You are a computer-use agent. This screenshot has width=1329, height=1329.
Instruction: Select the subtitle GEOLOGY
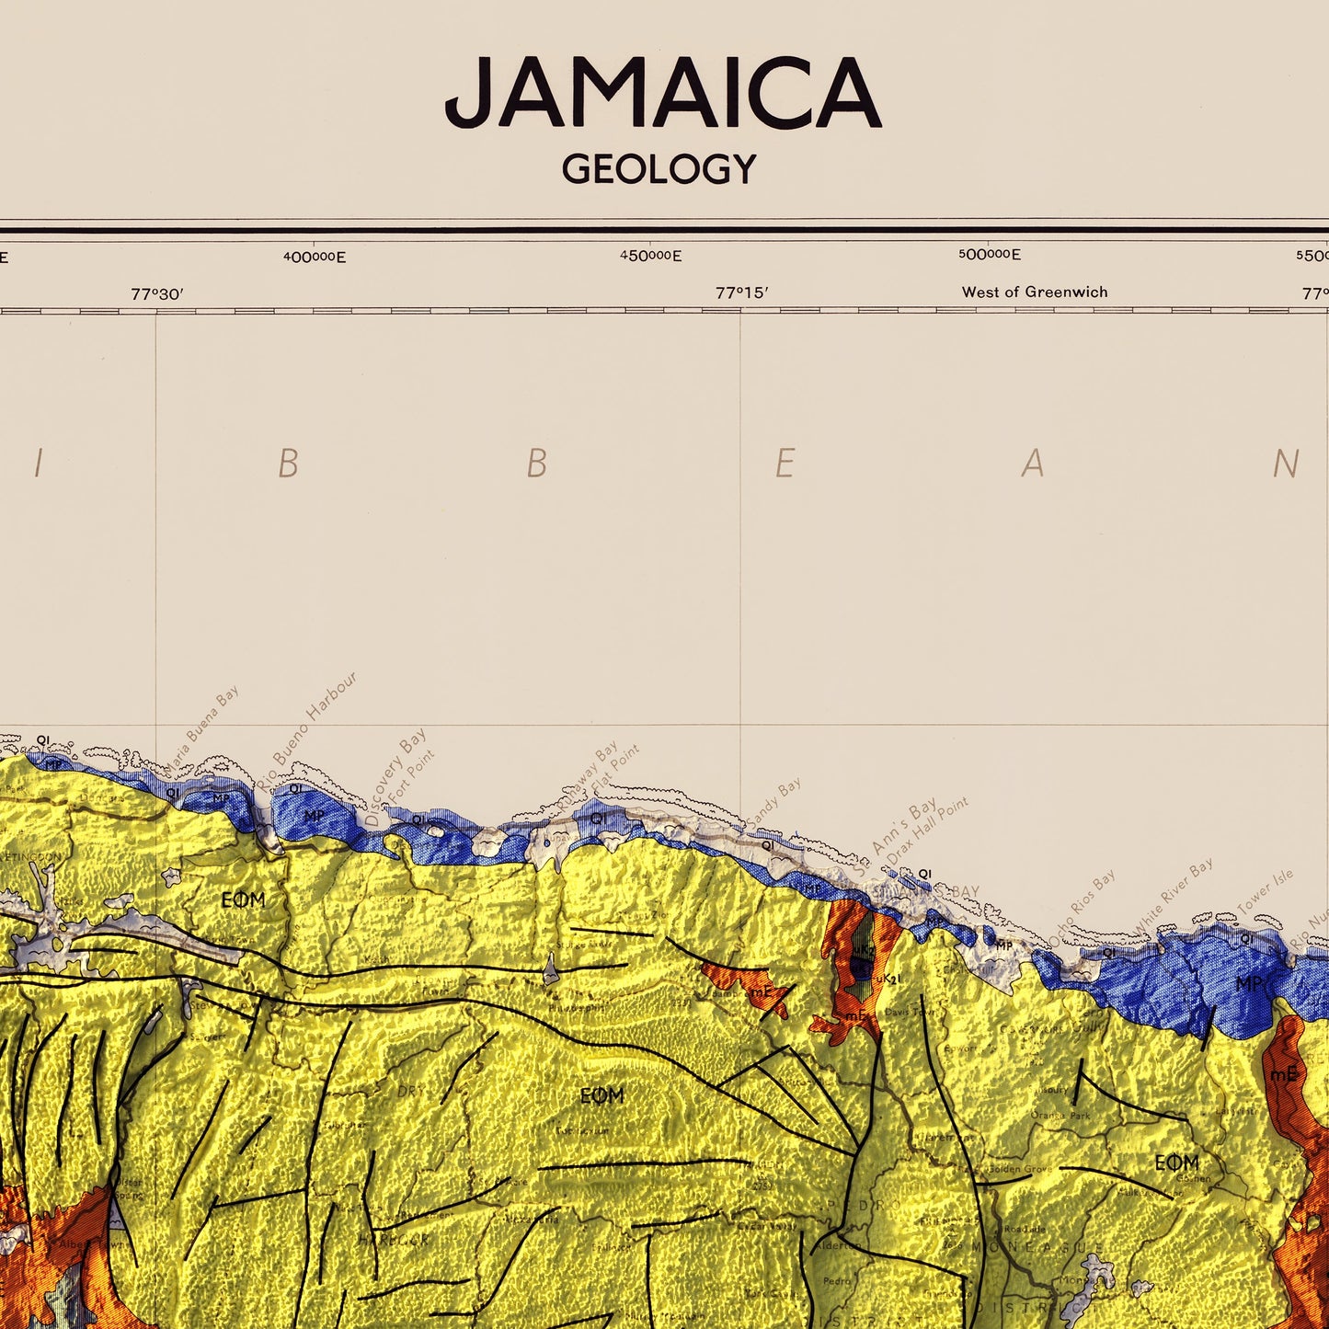point(659,169)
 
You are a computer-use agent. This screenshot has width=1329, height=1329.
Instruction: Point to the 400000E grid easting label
point(315,258)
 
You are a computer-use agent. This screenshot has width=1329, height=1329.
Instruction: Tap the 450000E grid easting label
point(650,256)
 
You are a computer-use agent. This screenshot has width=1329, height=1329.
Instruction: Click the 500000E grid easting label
point(989,255)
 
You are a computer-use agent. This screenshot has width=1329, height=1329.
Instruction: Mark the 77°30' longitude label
point(157,294)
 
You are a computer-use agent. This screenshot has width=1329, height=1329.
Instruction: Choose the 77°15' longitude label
point(741,293)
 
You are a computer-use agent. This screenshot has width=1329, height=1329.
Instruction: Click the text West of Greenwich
point(1034,292)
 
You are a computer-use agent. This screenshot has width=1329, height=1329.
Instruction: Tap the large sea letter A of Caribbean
point(1033,464)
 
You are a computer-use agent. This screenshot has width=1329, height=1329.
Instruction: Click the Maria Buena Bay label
point(201,728)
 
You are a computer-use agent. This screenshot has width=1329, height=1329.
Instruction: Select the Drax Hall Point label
point(927,831)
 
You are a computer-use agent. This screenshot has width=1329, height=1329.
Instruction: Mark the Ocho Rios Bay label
point(1083,906)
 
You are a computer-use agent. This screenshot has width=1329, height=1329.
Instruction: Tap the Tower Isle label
point(1265,892)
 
